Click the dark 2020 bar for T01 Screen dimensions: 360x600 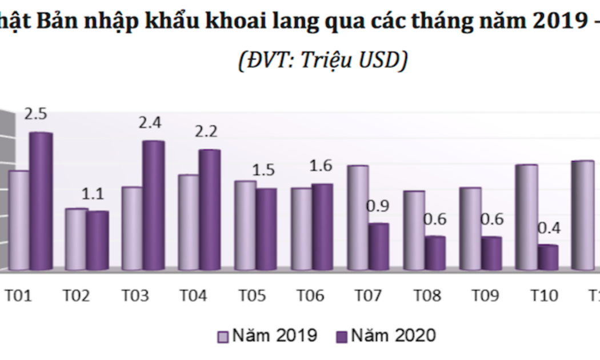coord(41,200)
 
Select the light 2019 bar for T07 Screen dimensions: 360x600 coord(358,217)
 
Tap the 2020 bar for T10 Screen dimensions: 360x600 coord(547,257)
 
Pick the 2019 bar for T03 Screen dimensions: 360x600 coord(132,227)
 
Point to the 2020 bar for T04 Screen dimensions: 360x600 coord(210,209)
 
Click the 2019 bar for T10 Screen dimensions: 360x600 coord(526,217)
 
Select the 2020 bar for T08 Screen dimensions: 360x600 coord(435,253)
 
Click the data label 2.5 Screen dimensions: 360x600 coord(35,113)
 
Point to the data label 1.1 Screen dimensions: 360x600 coord(93,194)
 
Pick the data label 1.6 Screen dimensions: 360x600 coord(321,166)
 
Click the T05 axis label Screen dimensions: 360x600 coord(251,295)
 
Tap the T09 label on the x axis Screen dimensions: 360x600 coord(485,295)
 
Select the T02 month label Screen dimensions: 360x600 coord(76,295)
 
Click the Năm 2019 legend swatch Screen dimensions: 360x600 coord(223,335)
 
